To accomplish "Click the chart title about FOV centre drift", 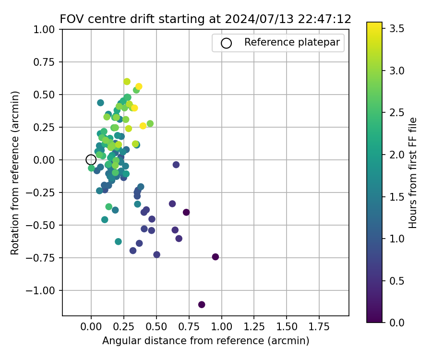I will [205, 19].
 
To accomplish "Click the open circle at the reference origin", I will [91, 160].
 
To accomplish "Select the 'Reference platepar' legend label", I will [292, 42].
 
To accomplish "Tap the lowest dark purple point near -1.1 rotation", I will [202, 305].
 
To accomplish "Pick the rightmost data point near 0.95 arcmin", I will [216, 257].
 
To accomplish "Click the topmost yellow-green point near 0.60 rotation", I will [127, 82].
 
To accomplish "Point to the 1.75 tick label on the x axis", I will [319, 327].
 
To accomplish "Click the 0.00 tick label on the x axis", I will [91, 327].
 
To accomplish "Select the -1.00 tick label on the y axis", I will [44, 290].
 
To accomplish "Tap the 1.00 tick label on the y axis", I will [47, 29].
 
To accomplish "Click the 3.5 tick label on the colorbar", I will [396, 29].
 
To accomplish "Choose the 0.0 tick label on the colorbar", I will [396, 322].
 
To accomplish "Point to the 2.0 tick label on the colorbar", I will [396, 155].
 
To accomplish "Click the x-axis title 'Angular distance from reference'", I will [205, 341].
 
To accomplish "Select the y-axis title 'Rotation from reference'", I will [15, 173].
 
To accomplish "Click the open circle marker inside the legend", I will [227, 43].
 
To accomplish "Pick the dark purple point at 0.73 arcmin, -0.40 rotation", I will [186, 212].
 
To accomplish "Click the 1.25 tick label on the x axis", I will [254, 327].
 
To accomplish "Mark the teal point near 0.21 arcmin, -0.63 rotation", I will [118, 241].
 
